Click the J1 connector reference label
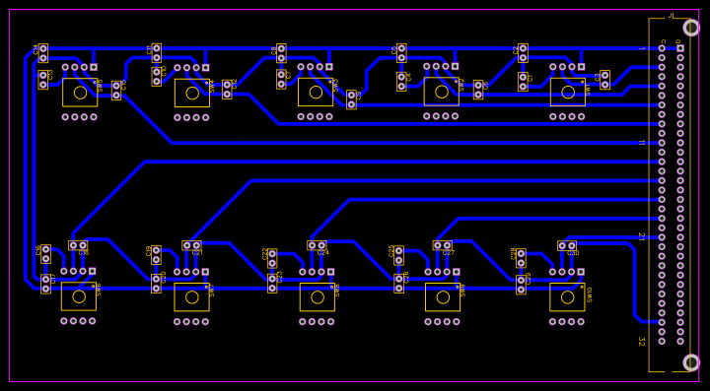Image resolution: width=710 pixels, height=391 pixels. [x=672, y=16]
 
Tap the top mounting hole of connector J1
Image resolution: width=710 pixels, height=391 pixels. [x=691, y=28]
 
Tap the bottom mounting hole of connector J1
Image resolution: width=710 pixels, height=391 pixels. [x=691, y=362]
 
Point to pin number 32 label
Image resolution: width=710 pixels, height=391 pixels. [x=641, y=342]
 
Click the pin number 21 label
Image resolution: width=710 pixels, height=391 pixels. [x=641, y=236]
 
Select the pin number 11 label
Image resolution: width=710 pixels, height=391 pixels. [x=641, y=143]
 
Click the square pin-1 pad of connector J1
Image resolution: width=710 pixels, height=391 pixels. [x=679, y=48]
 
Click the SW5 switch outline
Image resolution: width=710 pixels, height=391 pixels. [x=567, y=93]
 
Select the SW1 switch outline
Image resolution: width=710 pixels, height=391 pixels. [x=80, y=93]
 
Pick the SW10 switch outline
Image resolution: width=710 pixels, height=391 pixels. [x=567, y=296]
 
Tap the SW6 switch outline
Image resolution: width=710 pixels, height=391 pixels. [x=79, y=296]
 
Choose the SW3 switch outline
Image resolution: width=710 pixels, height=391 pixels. [x=316, y=92]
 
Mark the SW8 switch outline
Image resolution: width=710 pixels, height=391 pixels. [x=317, y=296]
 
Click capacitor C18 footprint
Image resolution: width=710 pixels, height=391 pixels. [x=78, y=245]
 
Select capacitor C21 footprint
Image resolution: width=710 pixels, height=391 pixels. [x=191, y=245]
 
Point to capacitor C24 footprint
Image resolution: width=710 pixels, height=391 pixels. [x=317, y=245]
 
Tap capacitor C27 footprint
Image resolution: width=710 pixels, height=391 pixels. [x=442, y=245]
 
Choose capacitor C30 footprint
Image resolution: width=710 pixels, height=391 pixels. [x=567, y=245]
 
